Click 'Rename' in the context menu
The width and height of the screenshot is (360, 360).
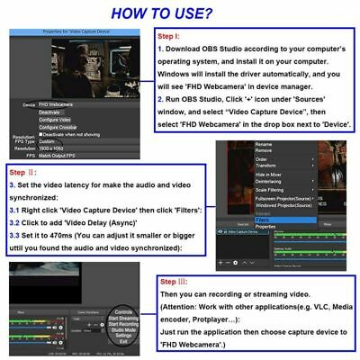(x=264, y=144)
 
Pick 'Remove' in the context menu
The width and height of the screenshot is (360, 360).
(x=264, y=150)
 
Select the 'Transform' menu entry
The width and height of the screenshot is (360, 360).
(x=266, y=166)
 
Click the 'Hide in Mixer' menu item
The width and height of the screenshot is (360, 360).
(x=269, y=175)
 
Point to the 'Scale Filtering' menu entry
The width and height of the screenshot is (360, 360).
(x=270, y=190)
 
